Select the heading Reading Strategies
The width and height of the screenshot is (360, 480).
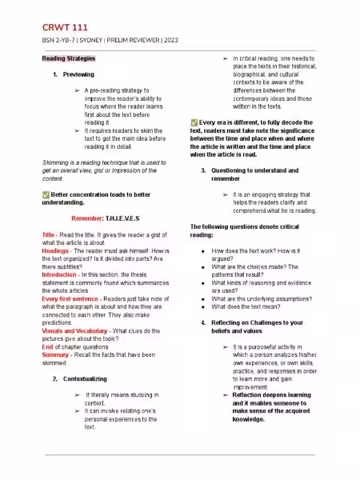coord(68,58)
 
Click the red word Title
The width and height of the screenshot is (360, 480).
coord(48,234)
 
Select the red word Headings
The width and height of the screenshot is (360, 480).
coord(55,250)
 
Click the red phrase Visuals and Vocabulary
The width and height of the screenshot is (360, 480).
coord(77,330)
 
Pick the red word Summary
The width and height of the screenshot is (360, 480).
coord(55,354)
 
